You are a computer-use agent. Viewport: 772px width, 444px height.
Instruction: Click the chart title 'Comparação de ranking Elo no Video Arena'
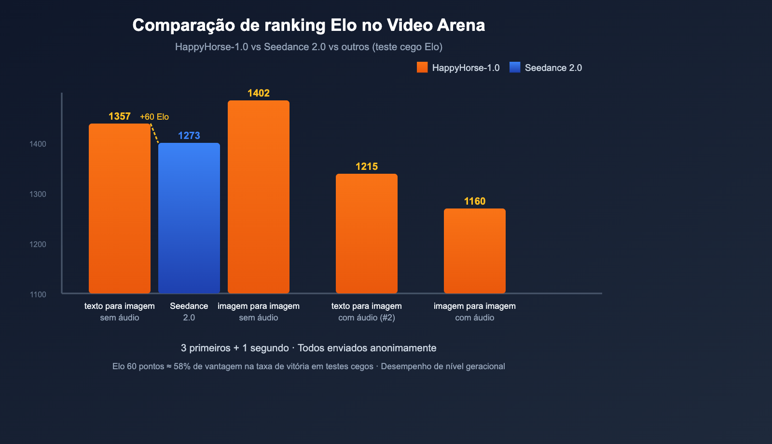coord(309,25)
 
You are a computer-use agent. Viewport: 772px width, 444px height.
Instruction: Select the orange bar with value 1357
coord(120,208)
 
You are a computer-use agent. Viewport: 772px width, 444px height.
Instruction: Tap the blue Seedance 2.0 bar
coord(189,218)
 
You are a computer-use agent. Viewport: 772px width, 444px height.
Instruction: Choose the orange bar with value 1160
coord(475,250)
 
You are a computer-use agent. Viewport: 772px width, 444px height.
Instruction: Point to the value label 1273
coord(189,136)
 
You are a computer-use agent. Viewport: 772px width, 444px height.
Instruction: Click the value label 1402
coord(259,93)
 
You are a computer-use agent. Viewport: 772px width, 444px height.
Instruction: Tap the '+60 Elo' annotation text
coord(154,117)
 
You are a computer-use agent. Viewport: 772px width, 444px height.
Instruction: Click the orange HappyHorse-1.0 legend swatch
coord(422,68)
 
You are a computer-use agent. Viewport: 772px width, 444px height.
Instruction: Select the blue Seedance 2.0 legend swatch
coord(515,68)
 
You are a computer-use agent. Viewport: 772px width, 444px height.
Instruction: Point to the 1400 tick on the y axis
coord(38,144)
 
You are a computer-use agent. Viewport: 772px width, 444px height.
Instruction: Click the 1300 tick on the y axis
coord(38,194)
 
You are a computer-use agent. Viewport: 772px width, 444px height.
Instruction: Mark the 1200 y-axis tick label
coord(38,244)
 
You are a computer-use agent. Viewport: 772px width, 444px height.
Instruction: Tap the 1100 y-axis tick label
coord(38,294)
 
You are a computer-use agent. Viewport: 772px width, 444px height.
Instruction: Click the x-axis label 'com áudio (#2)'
coord(367,318)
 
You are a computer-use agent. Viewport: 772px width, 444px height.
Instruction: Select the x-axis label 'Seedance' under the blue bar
coord(189,306)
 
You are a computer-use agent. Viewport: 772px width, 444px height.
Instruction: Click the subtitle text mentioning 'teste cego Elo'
coord(309,47)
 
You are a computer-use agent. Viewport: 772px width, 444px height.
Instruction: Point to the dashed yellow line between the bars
coord(155,134)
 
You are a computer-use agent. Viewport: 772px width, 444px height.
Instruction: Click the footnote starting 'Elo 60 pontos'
coord(309,366)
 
